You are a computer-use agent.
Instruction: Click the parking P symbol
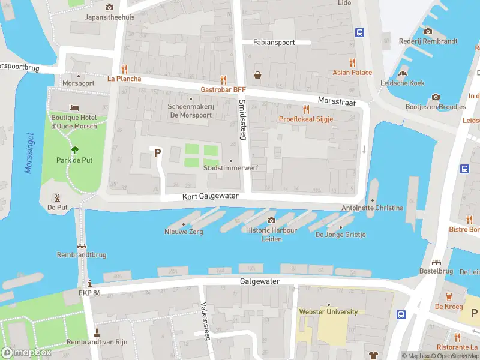click(157, 152)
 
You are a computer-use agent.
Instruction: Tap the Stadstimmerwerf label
click(231, 168)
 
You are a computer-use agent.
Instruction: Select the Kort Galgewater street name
click(211, 196)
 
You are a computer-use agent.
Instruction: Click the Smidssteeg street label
click(242, 113)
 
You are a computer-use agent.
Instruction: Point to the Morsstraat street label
click(337, 103)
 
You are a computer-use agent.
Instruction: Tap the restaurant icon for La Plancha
click(125, 69)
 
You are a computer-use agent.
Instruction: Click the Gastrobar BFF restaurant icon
click(224, 79)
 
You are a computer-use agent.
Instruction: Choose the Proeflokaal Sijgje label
click(306, 119)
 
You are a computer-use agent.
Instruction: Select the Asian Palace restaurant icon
click(352, 62)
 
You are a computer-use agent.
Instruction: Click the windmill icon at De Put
click(58, 197)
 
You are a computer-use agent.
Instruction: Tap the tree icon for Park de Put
click(74, 150)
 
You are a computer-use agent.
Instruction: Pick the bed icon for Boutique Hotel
click(74, 108)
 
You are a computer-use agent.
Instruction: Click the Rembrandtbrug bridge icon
click(82, 245)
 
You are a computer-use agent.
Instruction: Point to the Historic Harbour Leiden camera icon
click(271, 221)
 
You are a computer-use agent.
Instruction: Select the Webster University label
click(328, 311)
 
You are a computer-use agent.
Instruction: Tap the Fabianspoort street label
click(274, 43)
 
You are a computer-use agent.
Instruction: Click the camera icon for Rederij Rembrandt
click(428, 31)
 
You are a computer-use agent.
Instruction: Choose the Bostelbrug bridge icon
click(436, 262)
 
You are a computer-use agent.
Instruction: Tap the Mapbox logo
click(26, 353)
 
